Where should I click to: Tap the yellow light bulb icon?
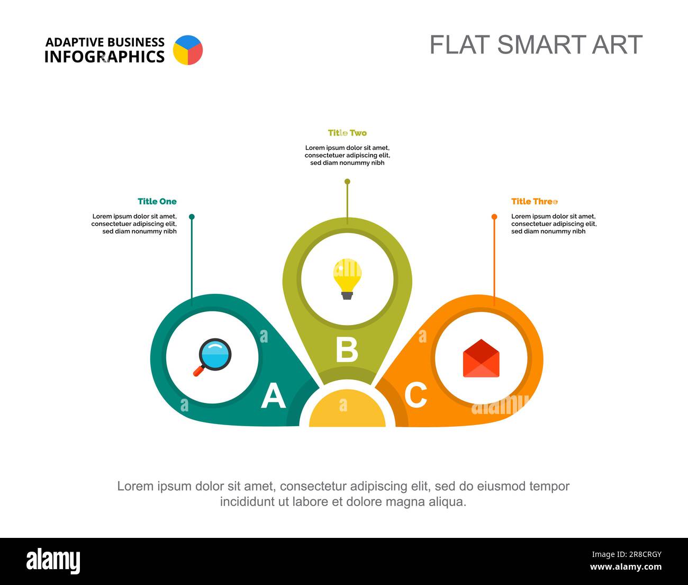(347, 279)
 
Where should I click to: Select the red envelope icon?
(481, 358)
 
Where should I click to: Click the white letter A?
(273, 395)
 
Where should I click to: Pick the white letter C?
(416, 395)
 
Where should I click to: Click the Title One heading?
(157, 201)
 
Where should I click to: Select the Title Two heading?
(347, 133)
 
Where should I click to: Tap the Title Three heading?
(535, 201)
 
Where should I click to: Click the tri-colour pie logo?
(188, 50)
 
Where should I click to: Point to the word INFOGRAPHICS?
(104, 57)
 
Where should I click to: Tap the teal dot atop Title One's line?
(192, 217)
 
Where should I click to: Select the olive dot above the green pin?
(347, 182)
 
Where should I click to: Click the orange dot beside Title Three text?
(494, 217)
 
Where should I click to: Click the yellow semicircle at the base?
(347, 410)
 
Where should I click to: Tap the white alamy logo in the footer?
(53, 561)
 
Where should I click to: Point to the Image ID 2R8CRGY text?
(627, 554)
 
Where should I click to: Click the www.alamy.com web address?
(626, 566)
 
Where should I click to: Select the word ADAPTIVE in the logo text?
(74, 42)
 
